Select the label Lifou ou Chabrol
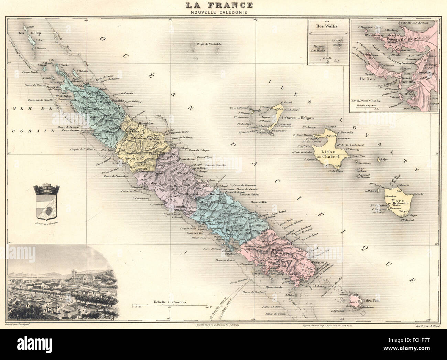pyautogui.click(x=330, y=154)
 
